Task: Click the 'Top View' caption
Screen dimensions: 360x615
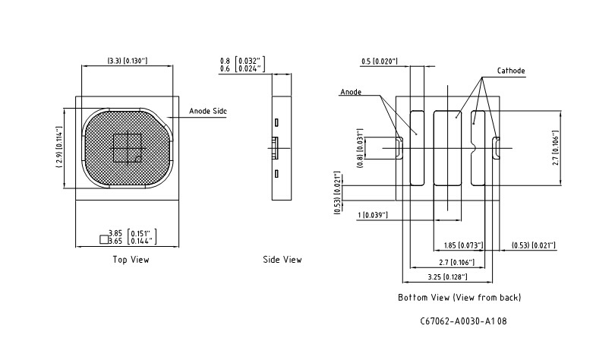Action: [131, 260]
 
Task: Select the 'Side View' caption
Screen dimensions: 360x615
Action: [282, 260]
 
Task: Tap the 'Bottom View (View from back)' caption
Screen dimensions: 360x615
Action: [459, 297]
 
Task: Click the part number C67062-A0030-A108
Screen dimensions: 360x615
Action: [463, 321]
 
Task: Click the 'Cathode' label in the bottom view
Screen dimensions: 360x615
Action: [511, 71]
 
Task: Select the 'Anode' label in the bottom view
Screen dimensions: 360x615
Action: [351, 92]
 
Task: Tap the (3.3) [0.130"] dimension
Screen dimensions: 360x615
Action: [126, 60]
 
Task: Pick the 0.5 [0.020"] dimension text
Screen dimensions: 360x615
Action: [380, 60]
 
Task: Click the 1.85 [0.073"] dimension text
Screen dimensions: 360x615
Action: [462, 246]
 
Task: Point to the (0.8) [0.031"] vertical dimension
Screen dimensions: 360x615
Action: [360, 150]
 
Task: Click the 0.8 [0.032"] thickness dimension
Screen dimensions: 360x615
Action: [241, 60]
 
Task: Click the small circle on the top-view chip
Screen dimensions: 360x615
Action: [137, 158]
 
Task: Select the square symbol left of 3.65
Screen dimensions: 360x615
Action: [104, 240]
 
